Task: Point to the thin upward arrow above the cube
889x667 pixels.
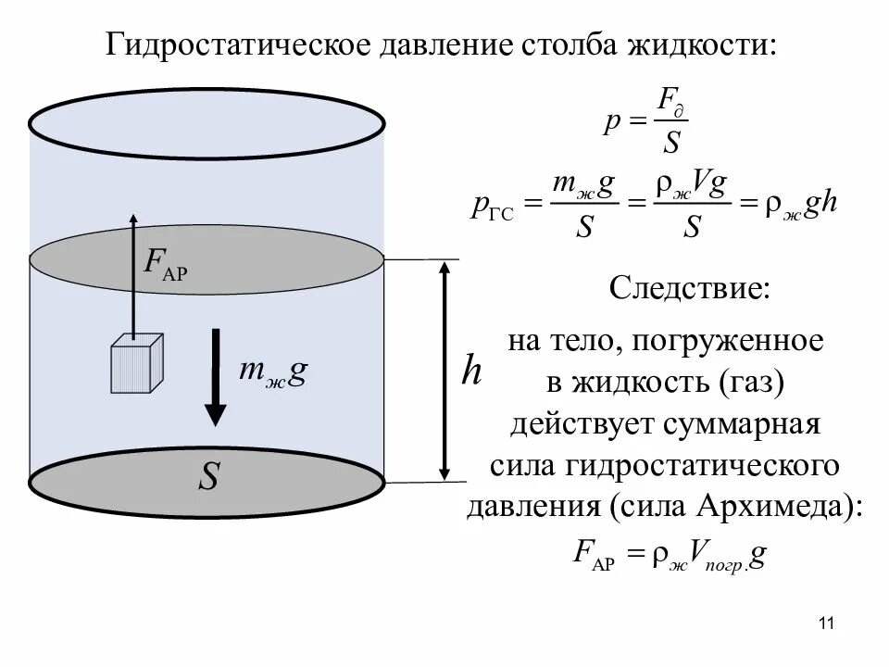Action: point(132,278)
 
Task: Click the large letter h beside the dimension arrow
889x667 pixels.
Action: point(471,372)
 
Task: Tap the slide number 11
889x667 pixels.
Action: point(827,623)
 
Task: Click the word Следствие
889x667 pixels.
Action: point(689,288)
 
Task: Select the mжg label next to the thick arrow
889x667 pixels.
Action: point(272,370)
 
